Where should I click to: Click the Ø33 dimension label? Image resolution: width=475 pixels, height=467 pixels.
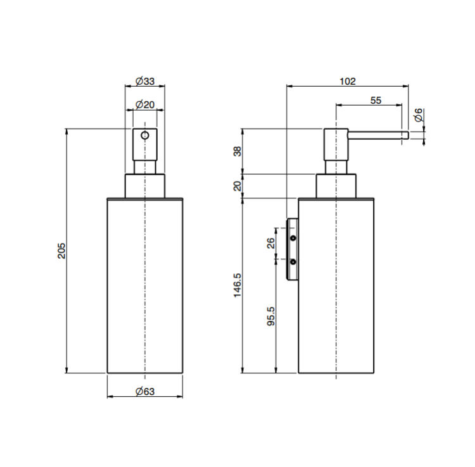tap(145, 81)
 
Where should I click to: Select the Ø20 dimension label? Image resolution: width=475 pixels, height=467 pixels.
tap(145, 104)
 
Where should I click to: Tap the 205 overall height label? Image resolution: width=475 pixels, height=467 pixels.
tap(61, 251)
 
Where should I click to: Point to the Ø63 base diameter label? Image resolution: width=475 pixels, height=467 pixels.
tap(145, 391)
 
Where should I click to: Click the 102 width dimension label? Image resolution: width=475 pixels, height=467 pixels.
tap(348, 81)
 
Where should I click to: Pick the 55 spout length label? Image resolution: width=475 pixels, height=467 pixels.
tap(376, 100)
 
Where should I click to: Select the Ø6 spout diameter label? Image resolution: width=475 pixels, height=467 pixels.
tap(419, 115)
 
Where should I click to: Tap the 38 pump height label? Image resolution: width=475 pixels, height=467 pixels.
tap(237, 151)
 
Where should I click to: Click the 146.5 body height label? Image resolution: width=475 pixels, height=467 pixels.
tap(237, 285)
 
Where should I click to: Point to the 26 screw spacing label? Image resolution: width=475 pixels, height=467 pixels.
tap(271, 243)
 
